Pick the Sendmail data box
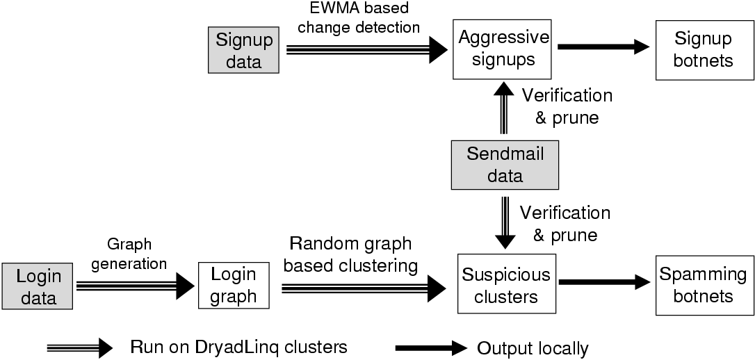point(505,165)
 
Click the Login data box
point(38,286)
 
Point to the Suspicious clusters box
point(505,285)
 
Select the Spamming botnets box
point(703,285)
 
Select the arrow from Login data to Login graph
point(136,285)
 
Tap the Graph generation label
point(137,254)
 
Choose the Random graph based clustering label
point(353,254)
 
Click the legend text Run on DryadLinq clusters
point(238,347)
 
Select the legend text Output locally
point(533,347)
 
